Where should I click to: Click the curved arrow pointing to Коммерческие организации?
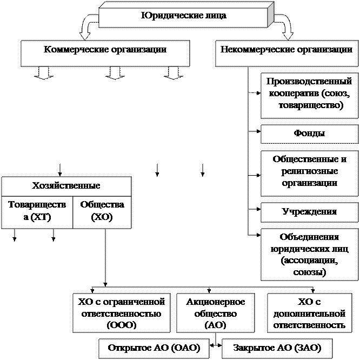(x=88, y=24)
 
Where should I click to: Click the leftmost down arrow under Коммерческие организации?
(x=44, y=72)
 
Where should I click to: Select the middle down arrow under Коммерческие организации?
(x=115, y=72)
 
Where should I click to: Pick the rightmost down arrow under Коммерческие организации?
(x=172, y=72)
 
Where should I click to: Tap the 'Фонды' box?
(x=310, y=134)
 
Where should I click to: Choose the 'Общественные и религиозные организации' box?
(x=310, y=172)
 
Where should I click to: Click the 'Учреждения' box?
(x=310, y=212)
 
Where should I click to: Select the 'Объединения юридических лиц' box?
(x=310, y=255)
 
